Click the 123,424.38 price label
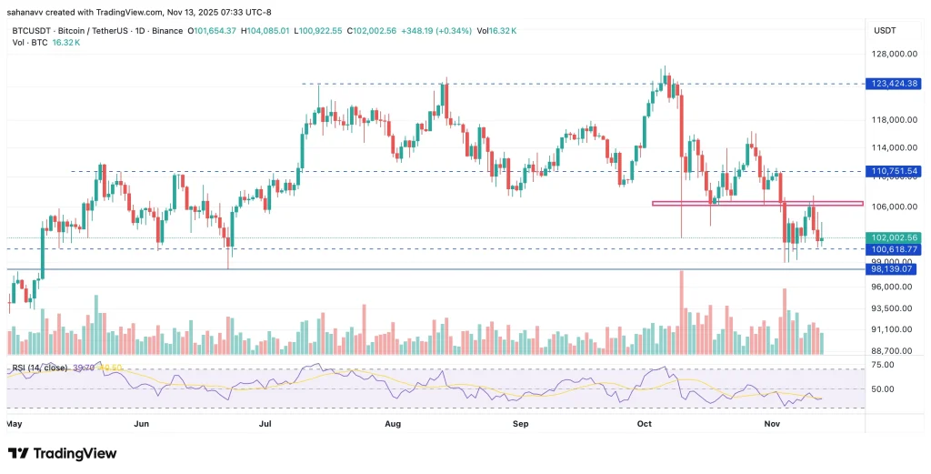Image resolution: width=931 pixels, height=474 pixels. (895, 84)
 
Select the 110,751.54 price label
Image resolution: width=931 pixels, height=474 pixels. (895, 171)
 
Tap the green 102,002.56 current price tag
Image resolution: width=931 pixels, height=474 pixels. (895, 237)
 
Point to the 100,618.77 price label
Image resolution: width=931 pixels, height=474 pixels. (895, 248)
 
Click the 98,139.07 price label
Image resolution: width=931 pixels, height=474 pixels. (895, 269)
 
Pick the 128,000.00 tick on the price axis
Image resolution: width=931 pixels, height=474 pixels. (893, 54)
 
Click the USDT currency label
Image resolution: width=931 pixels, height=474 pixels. (885, 30)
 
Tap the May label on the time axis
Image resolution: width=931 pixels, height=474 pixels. (15, 424)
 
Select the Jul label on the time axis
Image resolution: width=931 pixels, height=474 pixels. (266, 424)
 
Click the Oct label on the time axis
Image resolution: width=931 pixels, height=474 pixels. (646, 424)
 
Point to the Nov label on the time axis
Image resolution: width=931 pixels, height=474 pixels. (772, 424)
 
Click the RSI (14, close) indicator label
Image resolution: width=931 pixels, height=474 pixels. (37, 368)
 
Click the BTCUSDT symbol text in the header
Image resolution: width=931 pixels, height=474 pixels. (33, 30)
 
